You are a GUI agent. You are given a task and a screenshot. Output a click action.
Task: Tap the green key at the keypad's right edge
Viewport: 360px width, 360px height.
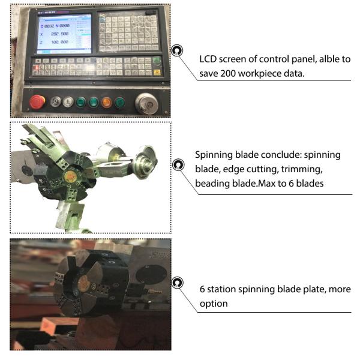(157, 61)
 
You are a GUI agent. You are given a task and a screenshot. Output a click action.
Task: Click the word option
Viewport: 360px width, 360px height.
(214, 304)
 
